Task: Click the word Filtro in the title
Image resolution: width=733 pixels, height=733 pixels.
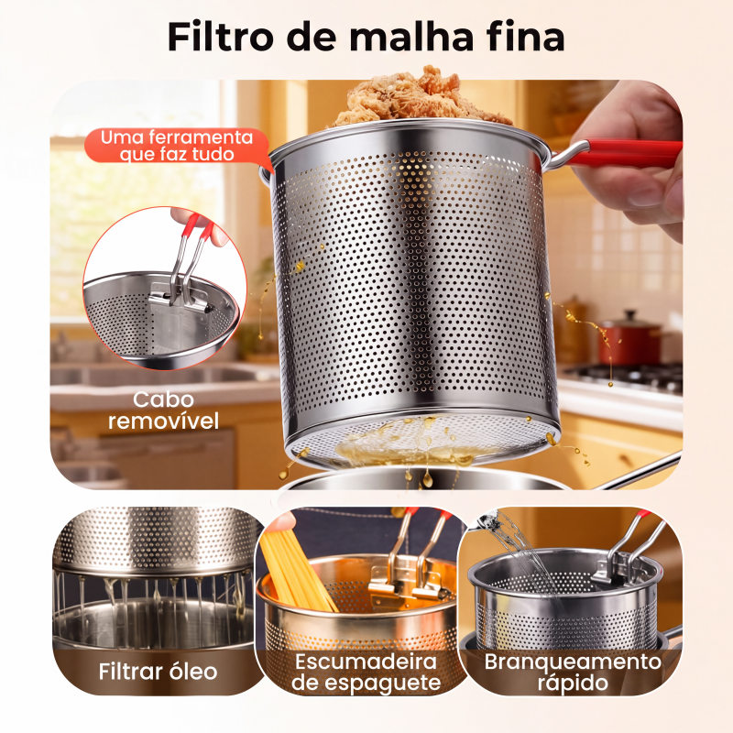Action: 220,37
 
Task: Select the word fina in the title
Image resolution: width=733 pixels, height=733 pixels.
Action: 525,37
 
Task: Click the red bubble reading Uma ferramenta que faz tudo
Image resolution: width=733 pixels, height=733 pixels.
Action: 177,146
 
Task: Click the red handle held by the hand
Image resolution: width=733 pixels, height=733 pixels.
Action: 622,153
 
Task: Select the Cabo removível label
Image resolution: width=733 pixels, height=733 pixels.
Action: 163,410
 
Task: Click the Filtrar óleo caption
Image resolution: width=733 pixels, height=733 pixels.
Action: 158,672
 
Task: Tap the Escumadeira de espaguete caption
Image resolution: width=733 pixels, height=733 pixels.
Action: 366,673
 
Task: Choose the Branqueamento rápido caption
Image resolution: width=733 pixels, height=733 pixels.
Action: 573,673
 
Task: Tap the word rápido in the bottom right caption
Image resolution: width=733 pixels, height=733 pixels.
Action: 573,683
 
